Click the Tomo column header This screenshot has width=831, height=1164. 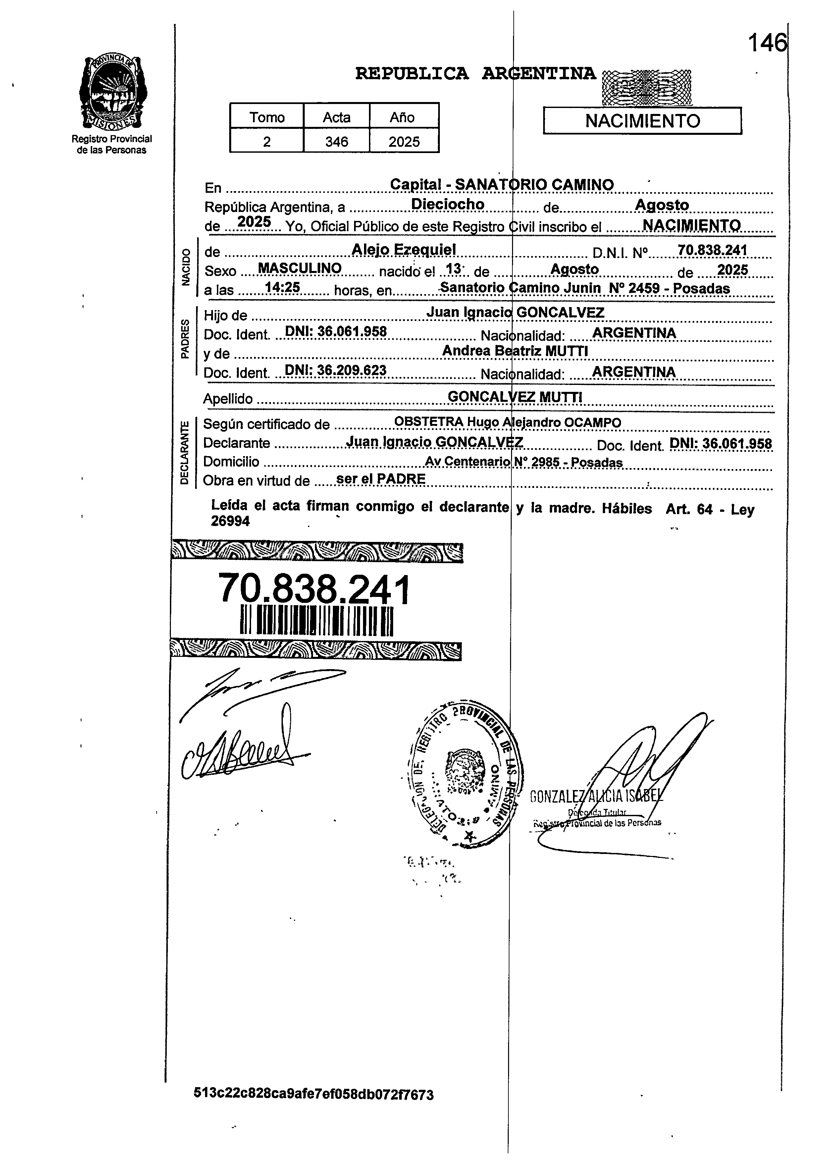pos(267,117)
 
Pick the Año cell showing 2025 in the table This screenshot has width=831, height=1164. pos(404,142)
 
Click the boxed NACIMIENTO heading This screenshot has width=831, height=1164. pos(642,121)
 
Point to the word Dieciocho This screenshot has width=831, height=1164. pos(448,204)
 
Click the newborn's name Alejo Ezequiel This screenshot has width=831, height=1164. pos(404,250)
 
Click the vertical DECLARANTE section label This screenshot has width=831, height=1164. pos(184,452)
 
